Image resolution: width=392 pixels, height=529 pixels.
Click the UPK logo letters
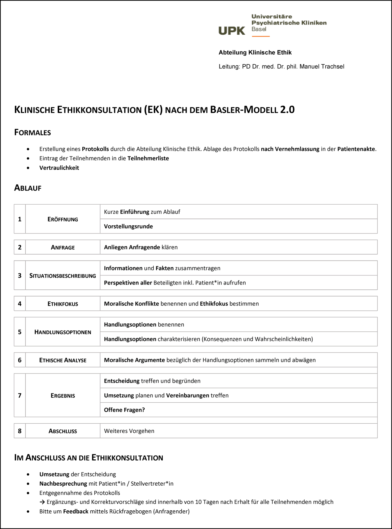click(x=232, y=31)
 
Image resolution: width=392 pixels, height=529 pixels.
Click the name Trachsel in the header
click(x=333, y=67)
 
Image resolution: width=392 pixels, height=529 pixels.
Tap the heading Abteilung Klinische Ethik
click(x=255, y=53)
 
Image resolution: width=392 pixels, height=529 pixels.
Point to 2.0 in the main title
click(x=287, y=110)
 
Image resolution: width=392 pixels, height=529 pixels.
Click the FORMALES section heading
click(x=33, y=133)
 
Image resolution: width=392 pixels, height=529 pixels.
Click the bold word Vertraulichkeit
click(x=59, y=168)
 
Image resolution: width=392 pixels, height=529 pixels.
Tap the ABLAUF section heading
click(x=28, y=188)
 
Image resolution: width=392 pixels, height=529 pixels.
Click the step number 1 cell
click(x=20, y=219)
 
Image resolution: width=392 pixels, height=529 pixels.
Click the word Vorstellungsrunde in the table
click(x=128, y=227)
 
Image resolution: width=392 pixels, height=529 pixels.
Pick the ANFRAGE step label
click(x=63, y=247)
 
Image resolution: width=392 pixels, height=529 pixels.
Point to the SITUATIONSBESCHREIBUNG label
click(x=63, y=276)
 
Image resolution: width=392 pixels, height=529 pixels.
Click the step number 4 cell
click(x=20, y=304)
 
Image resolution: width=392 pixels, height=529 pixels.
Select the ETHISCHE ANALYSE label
click(x=63, y=360)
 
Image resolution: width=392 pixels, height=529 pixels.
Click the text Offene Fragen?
click(x=124, y=410)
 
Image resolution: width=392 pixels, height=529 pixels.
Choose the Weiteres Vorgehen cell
click(x=129, y=431)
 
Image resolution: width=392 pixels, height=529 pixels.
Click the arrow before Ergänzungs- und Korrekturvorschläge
click(x=42, y=502)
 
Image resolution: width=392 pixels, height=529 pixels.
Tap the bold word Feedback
click(x=76, y=511)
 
